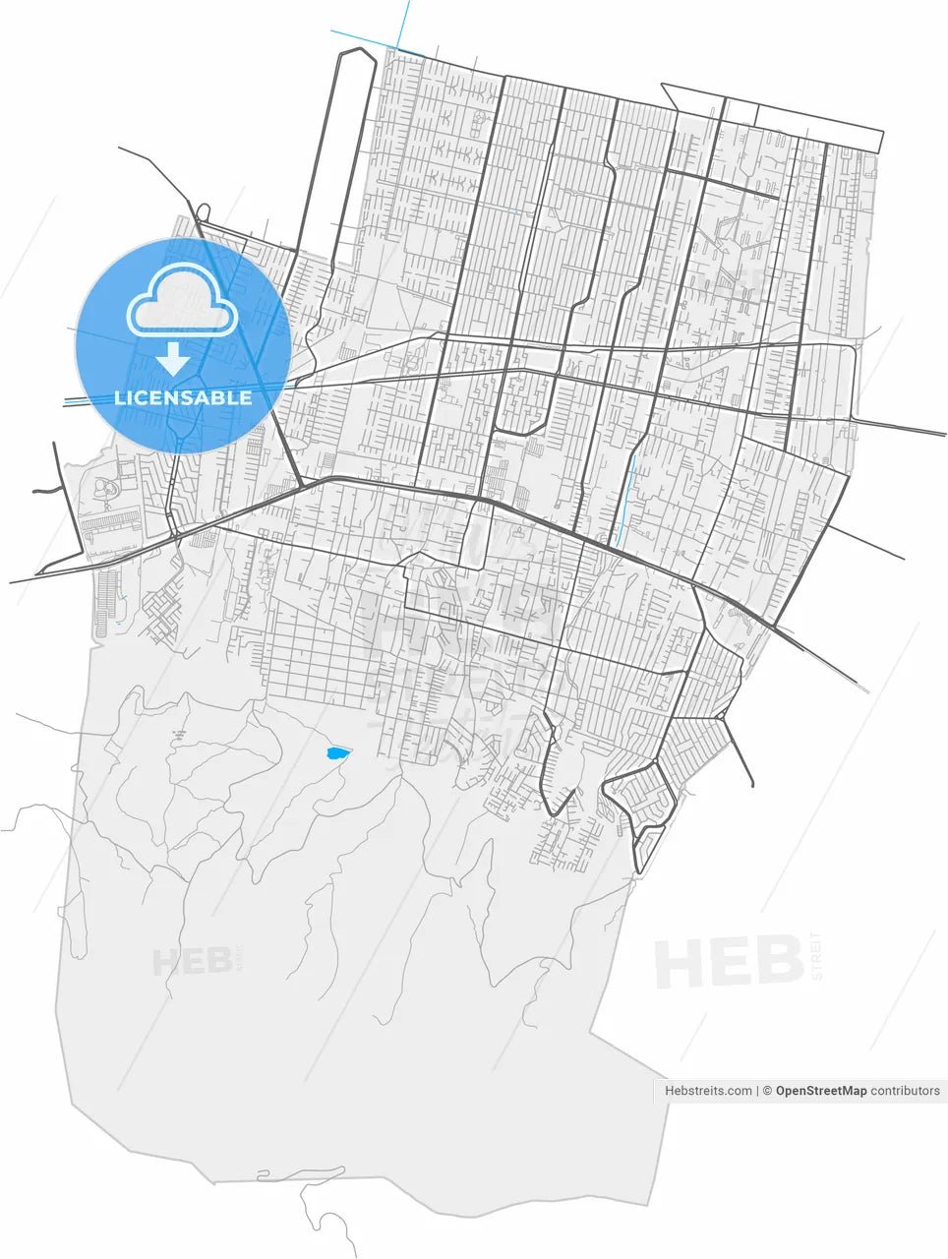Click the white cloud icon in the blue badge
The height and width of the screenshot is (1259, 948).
(183, 300)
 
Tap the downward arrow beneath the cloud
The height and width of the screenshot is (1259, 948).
(174, 359)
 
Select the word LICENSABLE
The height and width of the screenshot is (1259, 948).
(183, 398)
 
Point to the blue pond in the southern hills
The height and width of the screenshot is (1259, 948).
(336, 754)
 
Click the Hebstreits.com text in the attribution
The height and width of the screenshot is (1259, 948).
(708, 1091)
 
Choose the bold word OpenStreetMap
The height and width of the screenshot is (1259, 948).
(821, 1091)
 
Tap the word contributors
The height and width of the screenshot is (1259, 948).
(906, 1091)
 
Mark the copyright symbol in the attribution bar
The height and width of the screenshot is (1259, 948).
(768, 1091)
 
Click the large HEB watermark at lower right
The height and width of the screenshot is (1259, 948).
(729, 962)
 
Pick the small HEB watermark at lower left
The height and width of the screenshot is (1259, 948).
(192, 962)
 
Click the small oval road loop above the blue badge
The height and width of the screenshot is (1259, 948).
(204, 211)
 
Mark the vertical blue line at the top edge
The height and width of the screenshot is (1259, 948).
(404, 22)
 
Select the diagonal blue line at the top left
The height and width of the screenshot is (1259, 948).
(364, 39)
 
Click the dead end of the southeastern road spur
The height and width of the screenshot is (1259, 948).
(752, 785)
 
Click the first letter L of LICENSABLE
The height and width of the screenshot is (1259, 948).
(120, 398)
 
